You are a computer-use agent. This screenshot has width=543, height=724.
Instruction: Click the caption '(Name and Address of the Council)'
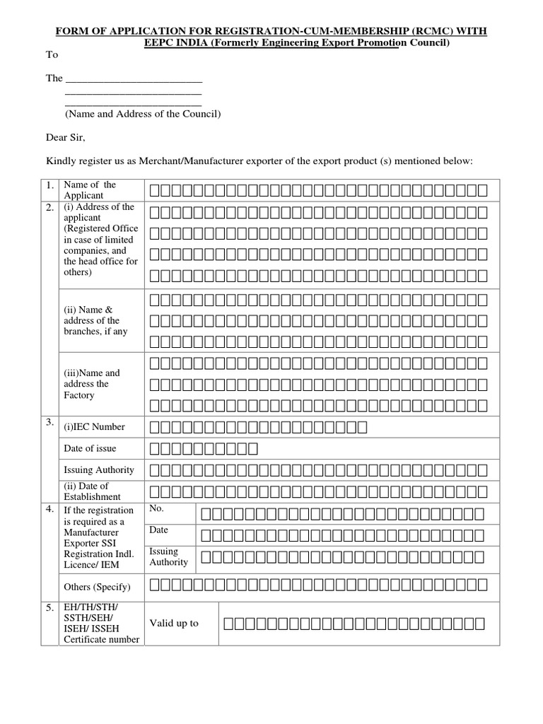[143, 114]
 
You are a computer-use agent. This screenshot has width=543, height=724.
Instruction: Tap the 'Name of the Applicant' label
[90, 189]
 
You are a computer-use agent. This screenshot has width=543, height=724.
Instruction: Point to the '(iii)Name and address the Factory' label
[92, 384]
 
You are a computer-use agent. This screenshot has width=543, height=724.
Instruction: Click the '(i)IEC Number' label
[95, 426]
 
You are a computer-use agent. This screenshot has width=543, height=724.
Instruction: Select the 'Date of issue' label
[90, 448]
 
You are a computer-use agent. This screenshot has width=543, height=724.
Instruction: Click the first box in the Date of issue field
[156, 449]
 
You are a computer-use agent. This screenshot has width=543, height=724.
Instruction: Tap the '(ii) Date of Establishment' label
[86, 491]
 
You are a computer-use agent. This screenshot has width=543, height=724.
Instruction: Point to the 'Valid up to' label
[174, 623]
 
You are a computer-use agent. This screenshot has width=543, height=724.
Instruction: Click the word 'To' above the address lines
[52, 54]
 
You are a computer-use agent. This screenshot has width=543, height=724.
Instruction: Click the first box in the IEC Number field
[156, 427]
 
